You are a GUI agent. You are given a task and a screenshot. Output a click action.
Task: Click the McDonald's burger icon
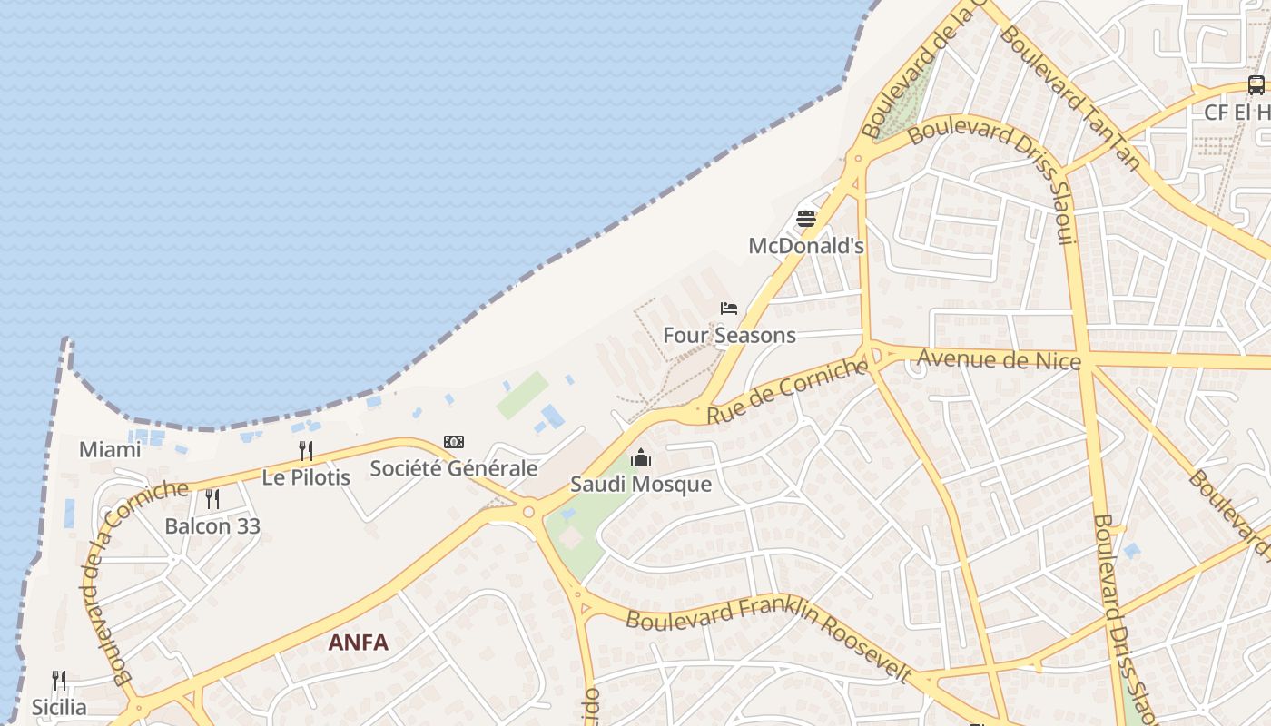(x=806, y=219)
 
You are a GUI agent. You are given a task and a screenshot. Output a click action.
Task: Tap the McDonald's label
(x=806, y=246)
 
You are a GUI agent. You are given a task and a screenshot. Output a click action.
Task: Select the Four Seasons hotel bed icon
(x=729, y=309)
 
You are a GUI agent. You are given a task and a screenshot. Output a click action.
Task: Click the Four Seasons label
(x=729, y=335)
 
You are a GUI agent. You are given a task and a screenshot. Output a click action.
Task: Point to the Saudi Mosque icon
(x=641, y=457)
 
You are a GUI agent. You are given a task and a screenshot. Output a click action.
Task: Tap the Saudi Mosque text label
(x=641, y=484)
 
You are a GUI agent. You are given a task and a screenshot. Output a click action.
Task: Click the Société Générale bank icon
(x=454, y=442)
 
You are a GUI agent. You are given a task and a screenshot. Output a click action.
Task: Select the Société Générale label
(x=454, y=468)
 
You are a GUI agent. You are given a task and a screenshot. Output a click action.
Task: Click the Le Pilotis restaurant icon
(x=306, y=450)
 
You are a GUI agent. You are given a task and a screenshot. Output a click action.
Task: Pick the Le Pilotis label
(x=306, y=476)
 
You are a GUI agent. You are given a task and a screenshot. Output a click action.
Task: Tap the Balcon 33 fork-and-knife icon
(x=212, y=498)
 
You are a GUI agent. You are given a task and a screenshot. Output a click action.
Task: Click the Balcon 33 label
(x=212, y=525)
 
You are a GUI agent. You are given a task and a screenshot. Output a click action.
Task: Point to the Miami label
(x=110, y=449)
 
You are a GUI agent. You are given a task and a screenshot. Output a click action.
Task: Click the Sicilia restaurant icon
(x=59, y=681)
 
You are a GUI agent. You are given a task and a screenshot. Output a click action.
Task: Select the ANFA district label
(x=358, y=643)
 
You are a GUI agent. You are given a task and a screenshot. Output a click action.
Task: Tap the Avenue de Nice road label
(x=999, y=359)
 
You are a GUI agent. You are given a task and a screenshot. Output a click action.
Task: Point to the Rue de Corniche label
(x=786, y=391)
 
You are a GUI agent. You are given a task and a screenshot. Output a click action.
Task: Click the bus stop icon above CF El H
(x=1256, y=85)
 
